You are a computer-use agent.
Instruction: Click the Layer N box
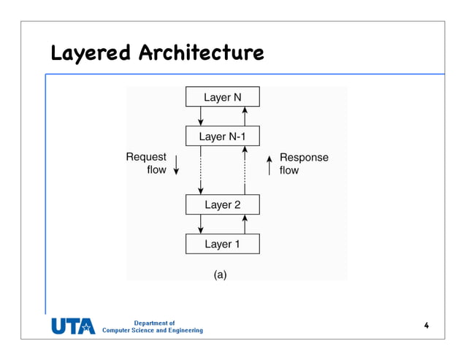(x=222, y=97)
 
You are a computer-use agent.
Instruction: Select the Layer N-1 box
(x=222, y=137)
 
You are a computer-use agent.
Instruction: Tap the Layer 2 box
(x=222, y=204)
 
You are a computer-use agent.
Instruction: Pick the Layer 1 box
(x=222, y=244)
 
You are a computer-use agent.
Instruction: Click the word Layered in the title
(x=91, y=53)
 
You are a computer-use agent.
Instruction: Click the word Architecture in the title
(x=201, y=53)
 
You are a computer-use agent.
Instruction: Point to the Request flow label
(x=147, y=164)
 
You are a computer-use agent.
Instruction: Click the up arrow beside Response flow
(x=270, y=165)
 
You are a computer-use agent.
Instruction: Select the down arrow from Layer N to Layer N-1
(x=201, y=116)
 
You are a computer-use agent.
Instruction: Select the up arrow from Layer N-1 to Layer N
(x=245, y=116)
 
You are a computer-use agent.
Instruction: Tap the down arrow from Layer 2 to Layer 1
(x=201, y=224)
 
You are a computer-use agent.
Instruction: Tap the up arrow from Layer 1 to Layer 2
(x=245, y=224)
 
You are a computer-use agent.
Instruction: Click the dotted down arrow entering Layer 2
(x=201, y=172)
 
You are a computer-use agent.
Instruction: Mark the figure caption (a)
(x=221, y=275)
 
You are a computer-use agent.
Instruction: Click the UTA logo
(x=73, y=326)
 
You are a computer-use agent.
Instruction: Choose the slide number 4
(x=426, y=325)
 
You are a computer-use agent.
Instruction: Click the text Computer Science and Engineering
(x=153, y=331)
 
